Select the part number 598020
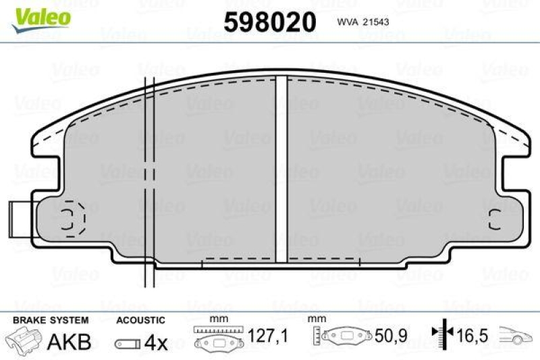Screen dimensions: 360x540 click(x=269, y=22)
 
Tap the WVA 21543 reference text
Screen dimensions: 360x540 click(x=365, y=21)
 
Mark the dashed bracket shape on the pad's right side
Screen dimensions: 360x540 click(x=493, y=218)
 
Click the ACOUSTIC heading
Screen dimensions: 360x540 click(x=140, y=319)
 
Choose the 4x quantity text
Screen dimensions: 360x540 click(x=156, y=342)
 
